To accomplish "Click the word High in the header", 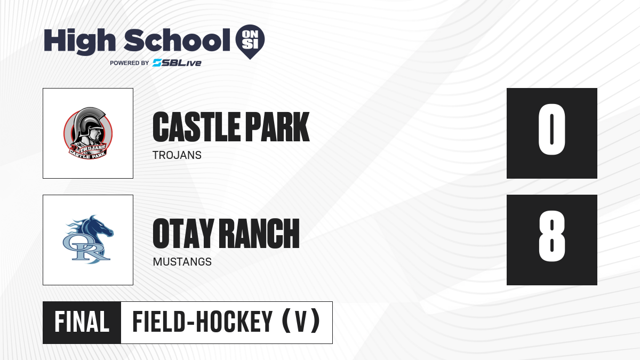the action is pos(79,42).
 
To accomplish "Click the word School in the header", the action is pos(177,40).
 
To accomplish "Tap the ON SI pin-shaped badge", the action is pos(250,42).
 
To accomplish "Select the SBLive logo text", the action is pos(177,62).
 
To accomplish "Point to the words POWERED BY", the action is pos(130,63).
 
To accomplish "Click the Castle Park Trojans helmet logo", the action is pos(88,133).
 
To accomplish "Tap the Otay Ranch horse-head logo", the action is pos(88,239).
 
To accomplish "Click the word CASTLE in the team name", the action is pos(197,127).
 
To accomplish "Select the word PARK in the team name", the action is pos(278,127).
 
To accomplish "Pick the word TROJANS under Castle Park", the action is pos(177,155).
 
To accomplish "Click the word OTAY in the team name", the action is pos(183,234).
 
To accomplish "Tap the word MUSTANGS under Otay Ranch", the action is pos(182,262).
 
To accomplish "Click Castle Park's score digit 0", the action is pos(551,129).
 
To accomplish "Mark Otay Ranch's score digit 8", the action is pos(551,236).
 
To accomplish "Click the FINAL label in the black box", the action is pos(82,322).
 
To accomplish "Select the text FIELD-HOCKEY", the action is pos(203,322).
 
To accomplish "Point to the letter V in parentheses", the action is pos(301,322).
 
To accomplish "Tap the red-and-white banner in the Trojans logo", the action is pos(88,151).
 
